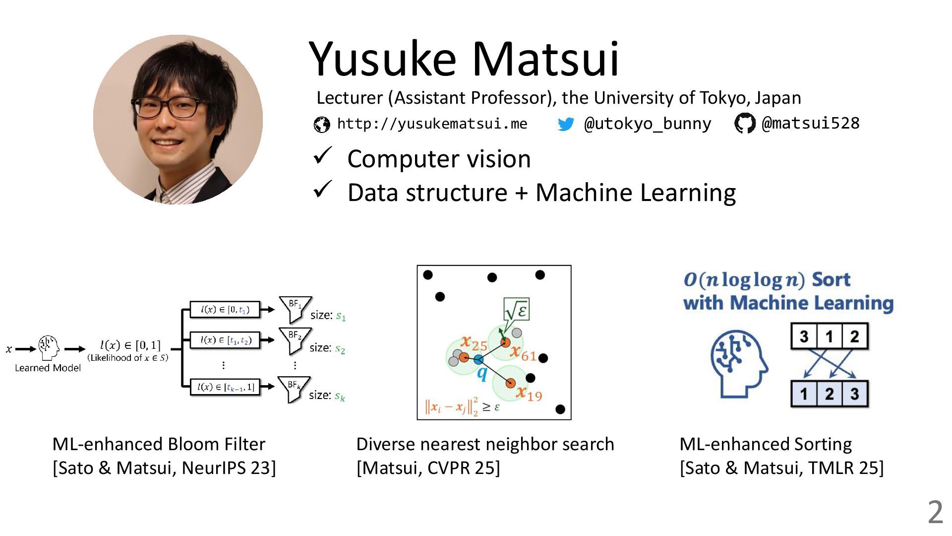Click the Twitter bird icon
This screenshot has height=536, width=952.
point(566,124)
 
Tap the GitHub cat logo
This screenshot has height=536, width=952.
point(744,124)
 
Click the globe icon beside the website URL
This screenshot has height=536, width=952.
point(322,124)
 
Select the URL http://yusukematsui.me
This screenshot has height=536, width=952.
point(432,124)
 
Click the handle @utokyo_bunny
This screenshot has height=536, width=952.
point(648,124)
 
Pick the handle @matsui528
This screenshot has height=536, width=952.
point(810,123)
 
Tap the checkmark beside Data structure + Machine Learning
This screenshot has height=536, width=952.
point(322,190)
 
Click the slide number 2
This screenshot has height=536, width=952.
point(935,512)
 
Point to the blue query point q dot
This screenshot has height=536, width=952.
point(478,359)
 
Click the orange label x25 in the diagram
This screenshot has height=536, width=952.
point(474,342)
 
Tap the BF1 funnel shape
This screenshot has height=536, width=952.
point(295,308)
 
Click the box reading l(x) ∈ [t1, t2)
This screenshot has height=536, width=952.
point(226,340)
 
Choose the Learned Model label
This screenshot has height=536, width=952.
point(48,368)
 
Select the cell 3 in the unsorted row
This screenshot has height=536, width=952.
point(804,336)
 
